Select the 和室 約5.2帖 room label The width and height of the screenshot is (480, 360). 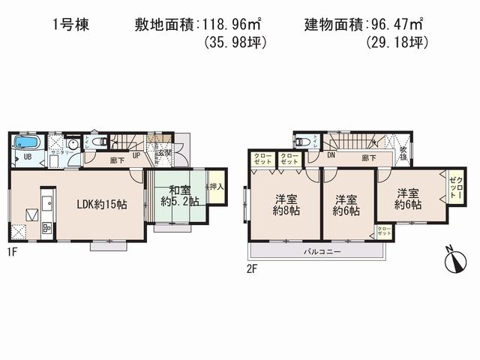[178, 195]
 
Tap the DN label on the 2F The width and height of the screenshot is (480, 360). [331, 157]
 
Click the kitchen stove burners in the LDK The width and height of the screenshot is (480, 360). [44, 227]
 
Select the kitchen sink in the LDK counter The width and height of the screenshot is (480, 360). [45, 202]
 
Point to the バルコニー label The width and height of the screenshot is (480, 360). [323, 252]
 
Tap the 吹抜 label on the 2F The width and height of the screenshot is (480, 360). [403, 153]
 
